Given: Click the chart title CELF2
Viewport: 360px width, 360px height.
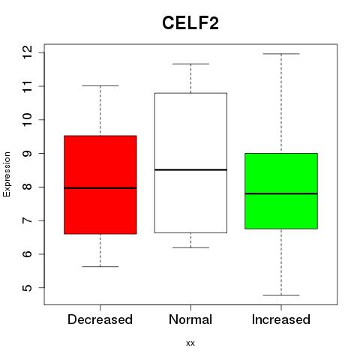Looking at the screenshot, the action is click(x=190, y=23).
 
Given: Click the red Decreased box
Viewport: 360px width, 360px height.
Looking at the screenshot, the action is click(x=100, y=184).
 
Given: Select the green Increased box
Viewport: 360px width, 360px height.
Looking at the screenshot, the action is click(x=281, y=191).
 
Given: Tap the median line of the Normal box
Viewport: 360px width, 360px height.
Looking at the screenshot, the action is click(x=190, y=169).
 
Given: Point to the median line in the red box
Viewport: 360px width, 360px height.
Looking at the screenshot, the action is click(x=100, y=187).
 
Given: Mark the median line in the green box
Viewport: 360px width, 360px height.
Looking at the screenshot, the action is click(x=281, y=193).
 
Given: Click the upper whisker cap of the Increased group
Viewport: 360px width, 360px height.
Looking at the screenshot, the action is click(x=281, y=54).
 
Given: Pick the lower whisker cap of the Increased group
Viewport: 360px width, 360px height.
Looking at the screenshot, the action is click(x=281, y=295).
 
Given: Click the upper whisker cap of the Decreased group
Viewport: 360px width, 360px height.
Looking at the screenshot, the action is click(x=100, y=85).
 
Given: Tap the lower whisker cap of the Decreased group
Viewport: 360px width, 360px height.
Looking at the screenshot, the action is click(x=100, y=266).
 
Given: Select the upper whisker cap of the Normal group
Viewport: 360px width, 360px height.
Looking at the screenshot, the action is click(x=190, y=64).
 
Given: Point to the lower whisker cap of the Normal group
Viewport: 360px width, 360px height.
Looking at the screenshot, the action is click(x=190, y=247).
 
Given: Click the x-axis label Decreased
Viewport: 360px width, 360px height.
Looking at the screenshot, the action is click(x=100, y=319).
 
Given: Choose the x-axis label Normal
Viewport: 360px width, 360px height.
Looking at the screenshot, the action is click(x=190, y=319).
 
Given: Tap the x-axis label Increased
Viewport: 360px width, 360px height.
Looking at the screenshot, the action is click(x=281, y=319).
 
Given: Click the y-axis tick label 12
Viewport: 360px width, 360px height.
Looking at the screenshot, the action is click(x=27, y=52).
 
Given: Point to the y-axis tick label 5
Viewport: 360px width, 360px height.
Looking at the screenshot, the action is click(x=27, y=287).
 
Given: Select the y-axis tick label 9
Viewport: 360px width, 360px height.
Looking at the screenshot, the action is click(x=27, y=153).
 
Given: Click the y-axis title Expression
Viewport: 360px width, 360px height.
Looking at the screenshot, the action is click(x=7, y=174).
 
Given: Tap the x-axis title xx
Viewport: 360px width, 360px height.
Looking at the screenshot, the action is click(x=190, y=343).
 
